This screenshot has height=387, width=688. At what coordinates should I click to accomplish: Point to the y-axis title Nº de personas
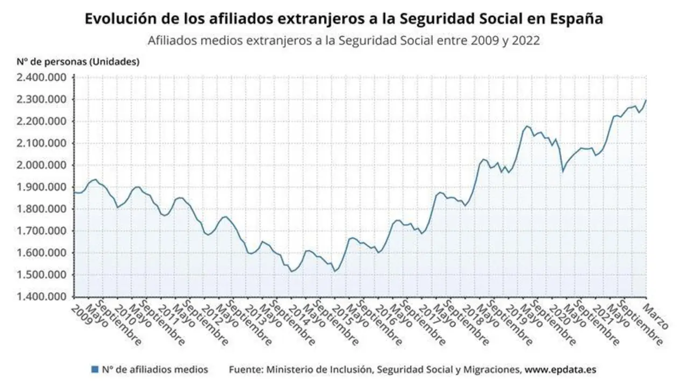[78, 61]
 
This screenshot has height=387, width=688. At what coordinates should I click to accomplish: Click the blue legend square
[95, 370]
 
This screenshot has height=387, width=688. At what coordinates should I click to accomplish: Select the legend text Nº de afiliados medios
[155, 370]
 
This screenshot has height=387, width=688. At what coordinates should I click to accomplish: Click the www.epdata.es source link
[560, 370]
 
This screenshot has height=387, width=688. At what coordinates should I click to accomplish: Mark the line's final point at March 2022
[646, 100]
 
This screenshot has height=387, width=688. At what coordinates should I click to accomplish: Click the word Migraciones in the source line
[494, 370]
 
